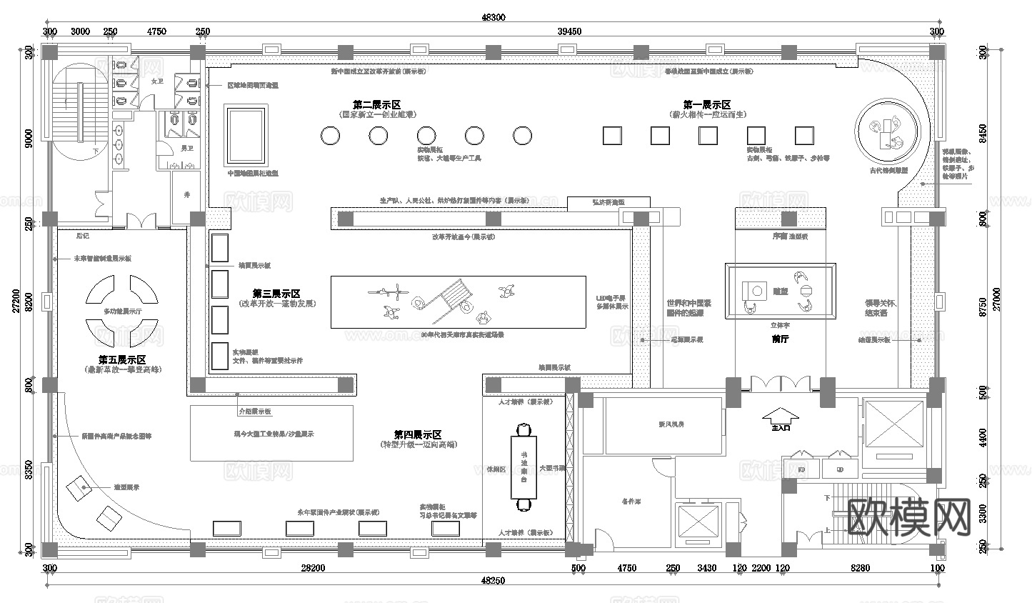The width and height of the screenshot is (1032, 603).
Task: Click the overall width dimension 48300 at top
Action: coord(494,18)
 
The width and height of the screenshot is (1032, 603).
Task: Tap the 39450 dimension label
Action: coord(569,31)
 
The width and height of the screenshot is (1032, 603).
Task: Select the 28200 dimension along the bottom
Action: coord(312,569)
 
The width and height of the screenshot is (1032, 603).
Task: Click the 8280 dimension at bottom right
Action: coord(861,569)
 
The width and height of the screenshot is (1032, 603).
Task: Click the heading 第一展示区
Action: coord(706,105)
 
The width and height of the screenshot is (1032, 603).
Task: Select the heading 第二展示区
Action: coord(377,105)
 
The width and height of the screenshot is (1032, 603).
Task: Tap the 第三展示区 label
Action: coord(276,294)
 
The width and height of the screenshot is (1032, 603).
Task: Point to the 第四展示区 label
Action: coord(418,434)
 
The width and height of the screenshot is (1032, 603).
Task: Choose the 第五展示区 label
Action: coord(122,360)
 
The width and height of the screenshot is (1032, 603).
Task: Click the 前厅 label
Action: coord(780,339)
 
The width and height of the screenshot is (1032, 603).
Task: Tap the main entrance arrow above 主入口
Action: coord(781,414)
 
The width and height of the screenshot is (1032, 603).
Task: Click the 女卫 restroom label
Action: coord(157,81)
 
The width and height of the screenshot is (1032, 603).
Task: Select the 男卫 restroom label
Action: coord(186,149)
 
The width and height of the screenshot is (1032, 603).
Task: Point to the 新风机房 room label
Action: coord(671,424)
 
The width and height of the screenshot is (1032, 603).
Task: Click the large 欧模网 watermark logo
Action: coord(908,516)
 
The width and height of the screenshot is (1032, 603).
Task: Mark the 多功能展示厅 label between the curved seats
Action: coord(122,312)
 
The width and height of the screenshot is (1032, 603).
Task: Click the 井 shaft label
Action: coord(187,194)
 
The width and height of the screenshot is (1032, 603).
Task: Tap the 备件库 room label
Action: coord(631,502)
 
